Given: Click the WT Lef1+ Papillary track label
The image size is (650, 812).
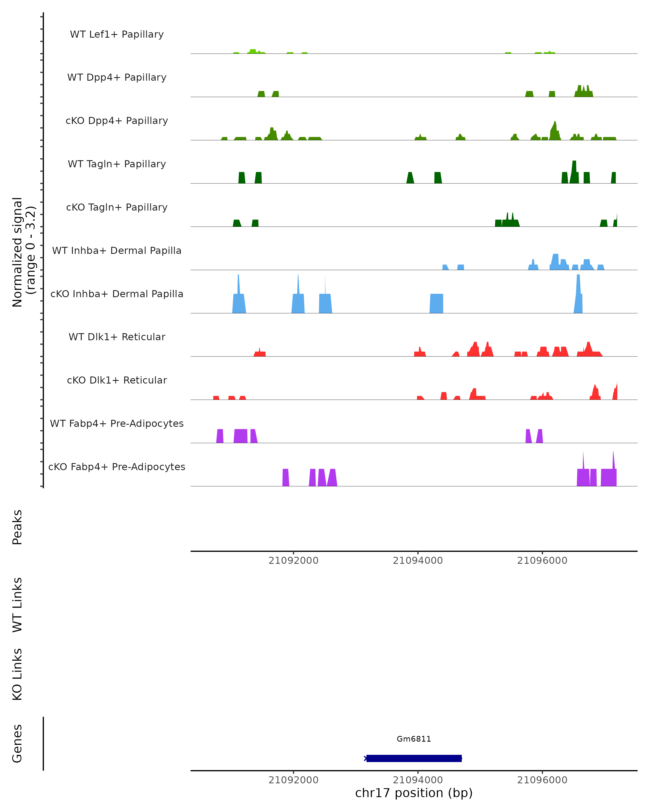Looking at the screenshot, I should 117,34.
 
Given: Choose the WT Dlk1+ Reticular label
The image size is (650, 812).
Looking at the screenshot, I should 117,337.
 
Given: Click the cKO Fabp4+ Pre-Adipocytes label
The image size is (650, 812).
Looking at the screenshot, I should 117,467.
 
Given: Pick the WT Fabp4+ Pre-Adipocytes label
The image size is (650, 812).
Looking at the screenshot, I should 117,423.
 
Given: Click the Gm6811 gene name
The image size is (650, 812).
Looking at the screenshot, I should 414,739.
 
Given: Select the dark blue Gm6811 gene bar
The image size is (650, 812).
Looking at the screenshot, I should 414,758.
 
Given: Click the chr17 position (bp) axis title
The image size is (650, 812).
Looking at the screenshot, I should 414,793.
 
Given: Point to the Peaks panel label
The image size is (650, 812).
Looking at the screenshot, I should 17,527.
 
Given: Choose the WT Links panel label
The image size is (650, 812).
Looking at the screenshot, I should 17,604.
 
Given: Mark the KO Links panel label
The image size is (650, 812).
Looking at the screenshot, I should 17,674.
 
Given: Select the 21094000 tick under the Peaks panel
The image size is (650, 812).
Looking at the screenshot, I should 418,561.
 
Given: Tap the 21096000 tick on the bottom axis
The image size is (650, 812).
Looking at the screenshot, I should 542,780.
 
